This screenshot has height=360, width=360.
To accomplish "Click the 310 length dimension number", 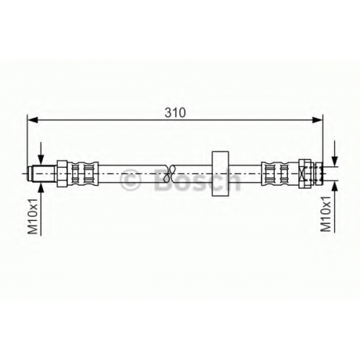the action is tap(175, 112).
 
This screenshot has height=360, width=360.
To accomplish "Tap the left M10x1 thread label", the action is tap(33, 216).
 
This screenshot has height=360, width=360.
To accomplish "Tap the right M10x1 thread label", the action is tap(325, 214).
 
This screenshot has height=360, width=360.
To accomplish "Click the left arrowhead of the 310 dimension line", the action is tap(33, 120).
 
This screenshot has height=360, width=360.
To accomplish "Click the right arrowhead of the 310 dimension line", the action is tap(318, 120).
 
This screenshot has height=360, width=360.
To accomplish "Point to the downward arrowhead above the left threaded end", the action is tap(41, 160).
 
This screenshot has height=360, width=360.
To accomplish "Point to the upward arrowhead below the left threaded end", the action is tap(41, 186).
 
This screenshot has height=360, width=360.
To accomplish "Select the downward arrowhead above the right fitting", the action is tap(334, 161).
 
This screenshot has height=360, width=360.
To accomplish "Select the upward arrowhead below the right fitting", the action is tap(334, 186).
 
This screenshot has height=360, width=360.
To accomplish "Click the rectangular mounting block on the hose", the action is tap(220, 174).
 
